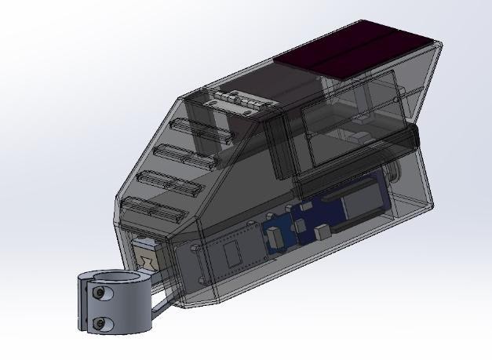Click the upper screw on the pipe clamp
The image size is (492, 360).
coord(100,293)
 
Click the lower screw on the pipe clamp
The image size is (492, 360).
coord(100,322)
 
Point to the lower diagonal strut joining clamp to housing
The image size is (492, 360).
coord(162,302)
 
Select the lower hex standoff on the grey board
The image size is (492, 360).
coord(205,279)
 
